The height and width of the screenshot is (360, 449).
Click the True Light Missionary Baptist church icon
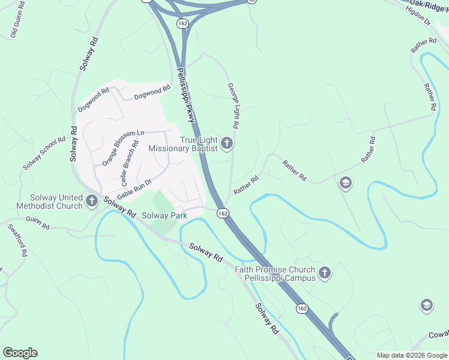click(226, 143)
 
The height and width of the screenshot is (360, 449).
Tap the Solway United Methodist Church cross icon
click(92, 200)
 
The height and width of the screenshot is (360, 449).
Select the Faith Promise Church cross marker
click(324, 274)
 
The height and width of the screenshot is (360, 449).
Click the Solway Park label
click(164, 215)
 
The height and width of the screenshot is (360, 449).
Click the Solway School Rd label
click(44, 153)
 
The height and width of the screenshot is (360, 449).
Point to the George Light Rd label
click(233, 106)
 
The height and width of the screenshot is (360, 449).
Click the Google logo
click(20, 353)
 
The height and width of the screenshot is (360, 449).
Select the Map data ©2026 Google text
click(411, 355)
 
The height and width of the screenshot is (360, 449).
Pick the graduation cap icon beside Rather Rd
click(345, 182)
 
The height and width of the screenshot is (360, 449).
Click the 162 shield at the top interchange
click(182, 22)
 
